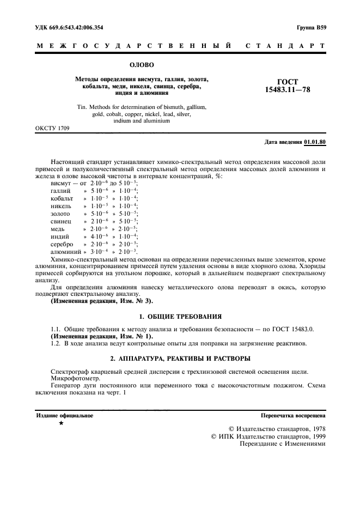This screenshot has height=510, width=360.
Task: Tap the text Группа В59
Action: pyautogui.click(x=312, y=27)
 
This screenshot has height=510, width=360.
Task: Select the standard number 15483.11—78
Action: pyautogui.click(x=286, y=89)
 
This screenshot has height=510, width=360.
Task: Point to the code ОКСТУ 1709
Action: pyautogui.click(x=52, y=129)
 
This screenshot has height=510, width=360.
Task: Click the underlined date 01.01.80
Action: pyautogui.click(x=315, y=142)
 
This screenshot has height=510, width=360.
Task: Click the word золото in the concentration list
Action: pyautogui.click(x=60, y=214)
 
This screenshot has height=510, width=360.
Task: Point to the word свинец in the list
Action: pyautogui.click(x=60, y=222)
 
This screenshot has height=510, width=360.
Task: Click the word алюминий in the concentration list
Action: pyautogui.click(x=65, y=252)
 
